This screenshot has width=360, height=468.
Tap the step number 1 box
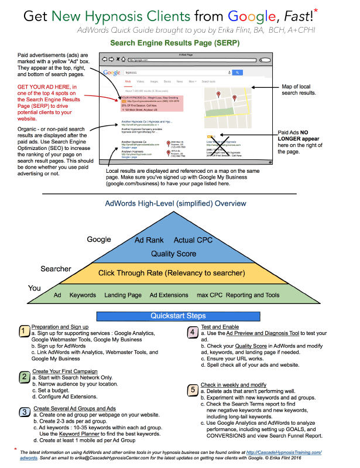(x=23, y=332)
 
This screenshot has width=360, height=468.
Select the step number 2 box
(x=23, y=377)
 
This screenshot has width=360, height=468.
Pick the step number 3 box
(x=23, y=414)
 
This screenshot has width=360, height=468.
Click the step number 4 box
(x=193, y=332)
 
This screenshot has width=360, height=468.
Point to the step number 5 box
(x=193, y=388)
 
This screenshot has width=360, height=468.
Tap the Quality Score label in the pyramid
(x=174, y=254)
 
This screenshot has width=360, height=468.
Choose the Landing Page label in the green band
(x=123, y=295)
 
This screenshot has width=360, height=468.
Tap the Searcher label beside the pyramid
(x=56, y=269)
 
